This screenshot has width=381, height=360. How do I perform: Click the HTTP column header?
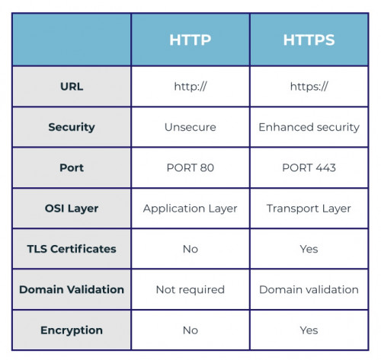click(x=190, y=40)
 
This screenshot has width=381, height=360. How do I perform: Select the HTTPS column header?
click(x=309, y=40)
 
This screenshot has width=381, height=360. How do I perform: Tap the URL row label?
click(x=72, y=87)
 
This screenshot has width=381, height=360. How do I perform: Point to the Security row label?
click(x=72, y=127)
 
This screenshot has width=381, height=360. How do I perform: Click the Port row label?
click(x=72, y=167)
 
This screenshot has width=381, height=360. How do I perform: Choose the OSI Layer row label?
click(x=72, y=209)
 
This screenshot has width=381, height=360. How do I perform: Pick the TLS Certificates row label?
click(x=72, y=249)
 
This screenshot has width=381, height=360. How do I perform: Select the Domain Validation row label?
click(x=72, y=289)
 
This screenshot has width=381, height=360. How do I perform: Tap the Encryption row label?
click(x=72, y=330)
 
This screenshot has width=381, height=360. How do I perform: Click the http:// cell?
click(x=190, y=87)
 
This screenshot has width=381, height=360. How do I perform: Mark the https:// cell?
click(x=309, y=87)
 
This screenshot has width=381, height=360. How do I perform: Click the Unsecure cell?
click(x=190, y=127)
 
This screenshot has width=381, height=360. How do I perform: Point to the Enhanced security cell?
click(x=309, y=127)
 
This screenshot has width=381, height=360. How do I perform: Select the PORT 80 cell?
click(x=190, y=167)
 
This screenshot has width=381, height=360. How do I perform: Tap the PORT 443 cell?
click(x=309, y=167)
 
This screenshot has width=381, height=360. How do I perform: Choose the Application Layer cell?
click(x=190, y=209)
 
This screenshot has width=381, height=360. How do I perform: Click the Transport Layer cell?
click(x=309, y=209)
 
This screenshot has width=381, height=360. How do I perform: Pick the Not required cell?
click(x=190, y=290)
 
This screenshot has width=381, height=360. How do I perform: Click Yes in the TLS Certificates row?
click(x=309, y=249)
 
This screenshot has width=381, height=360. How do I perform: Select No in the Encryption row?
click(x=190, y=330)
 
